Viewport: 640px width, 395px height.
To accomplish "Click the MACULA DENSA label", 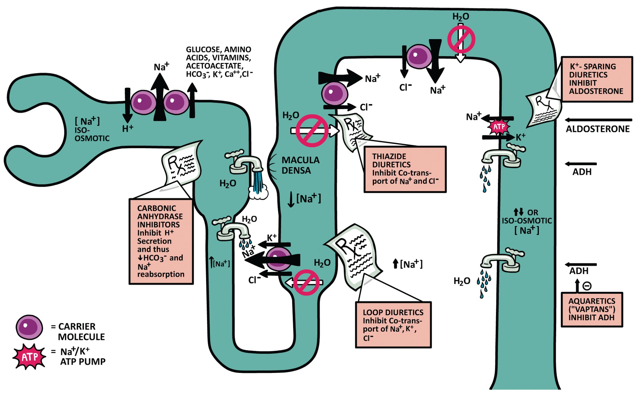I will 300,165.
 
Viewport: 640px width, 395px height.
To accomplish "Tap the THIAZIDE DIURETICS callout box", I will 405,169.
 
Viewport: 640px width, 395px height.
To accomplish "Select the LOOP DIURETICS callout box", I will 393,325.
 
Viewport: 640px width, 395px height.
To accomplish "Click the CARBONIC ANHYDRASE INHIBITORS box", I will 161,241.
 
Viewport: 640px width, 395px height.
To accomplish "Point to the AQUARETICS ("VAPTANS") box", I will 592,309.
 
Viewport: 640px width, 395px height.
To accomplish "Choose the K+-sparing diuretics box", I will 596,79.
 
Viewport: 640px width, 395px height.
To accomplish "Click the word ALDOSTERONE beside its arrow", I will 597,129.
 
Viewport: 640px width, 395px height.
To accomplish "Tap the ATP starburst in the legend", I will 29,357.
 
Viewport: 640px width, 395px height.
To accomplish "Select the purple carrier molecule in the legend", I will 29,327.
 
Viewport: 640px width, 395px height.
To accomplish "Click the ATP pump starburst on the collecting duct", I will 499,127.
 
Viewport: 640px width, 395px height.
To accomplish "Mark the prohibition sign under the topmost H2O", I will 461,39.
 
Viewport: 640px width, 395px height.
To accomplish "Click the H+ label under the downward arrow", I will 128,128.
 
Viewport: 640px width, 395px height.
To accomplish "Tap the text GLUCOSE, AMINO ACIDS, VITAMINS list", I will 219,62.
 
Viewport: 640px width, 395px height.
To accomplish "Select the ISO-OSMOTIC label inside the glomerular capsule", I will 92,134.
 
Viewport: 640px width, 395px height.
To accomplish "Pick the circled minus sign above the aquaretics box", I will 587,286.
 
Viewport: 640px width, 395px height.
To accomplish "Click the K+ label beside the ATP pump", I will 520,137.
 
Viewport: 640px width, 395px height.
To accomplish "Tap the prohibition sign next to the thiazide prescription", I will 312,131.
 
